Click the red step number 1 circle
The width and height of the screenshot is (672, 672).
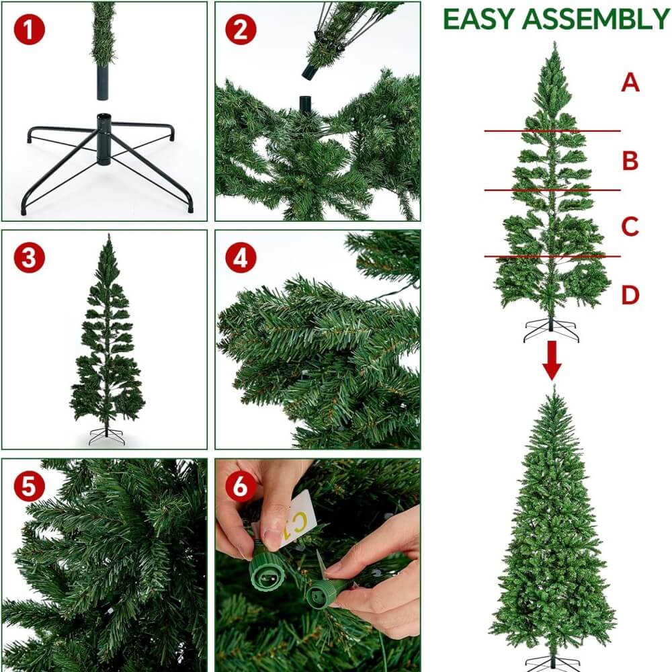click(x=29, y=30)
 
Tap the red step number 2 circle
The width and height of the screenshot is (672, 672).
click(x=241, y=30)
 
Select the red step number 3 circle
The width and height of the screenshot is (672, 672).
click(x=29, y=258)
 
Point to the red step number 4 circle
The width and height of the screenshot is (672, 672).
click(x=241, y=258)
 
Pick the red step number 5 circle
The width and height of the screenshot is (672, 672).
click(x=29, y=487)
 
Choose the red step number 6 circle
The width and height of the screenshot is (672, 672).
click(x=241, y=487)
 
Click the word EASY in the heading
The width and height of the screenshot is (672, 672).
click(x=478, y=19)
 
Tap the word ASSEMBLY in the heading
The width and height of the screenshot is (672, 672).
click(x=595, y=19)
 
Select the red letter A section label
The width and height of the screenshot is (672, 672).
click(x=630, y=82)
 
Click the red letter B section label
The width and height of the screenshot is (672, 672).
click(x=630, y=161)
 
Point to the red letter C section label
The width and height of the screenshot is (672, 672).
click(x=630, y=226)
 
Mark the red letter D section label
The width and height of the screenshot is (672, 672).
click(x=630, y=295)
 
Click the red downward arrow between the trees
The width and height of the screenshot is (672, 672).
click(x=552, y=360)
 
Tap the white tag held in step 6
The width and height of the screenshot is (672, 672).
click(x=296, y=519)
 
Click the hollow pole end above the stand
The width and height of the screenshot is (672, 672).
click(x=102, y=82)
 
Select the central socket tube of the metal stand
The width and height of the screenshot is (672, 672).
click(x=103, y=139)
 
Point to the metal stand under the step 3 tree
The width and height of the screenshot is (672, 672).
click(x=107, y=436)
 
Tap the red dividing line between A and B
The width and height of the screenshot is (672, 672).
click(x=552, y=131)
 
